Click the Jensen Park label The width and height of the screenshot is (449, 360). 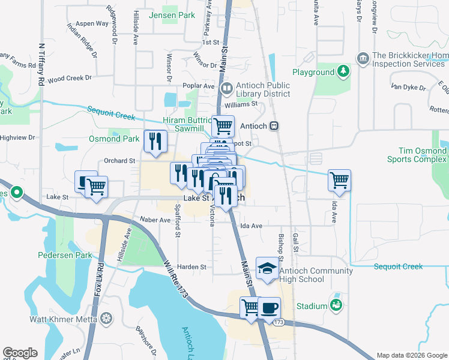(172, 14)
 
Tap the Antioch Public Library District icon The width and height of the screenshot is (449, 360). (227, 89)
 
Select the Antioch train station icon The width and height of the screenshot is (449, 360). (274, 127)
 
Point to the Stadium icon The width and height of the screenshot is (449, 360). (336, 305)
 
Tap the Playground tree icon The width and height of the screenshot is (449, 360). (343, 72)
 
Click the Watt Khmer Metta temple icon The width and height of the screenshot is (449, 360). (107, 317)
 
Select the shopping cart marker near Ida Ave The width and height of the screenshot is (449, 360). (339, 179)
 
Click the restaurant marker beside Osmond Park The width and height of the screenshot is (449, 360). (155, 142)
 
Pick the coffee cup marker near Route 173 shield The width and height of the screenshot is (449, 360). (270, 307)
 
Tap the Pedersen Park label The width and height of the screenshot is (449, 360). (65, 255)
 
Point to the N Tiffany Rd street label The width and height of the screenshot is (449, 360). (41, 63)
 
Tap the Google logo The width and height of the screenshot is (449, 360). (20, 353)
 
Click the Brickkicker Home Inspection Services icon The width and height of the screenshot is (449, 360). (363, 58)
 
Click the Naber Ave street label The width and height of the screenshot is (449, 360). (155, 220)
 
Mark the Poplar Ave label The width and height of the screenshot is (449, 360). (200, 86)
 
